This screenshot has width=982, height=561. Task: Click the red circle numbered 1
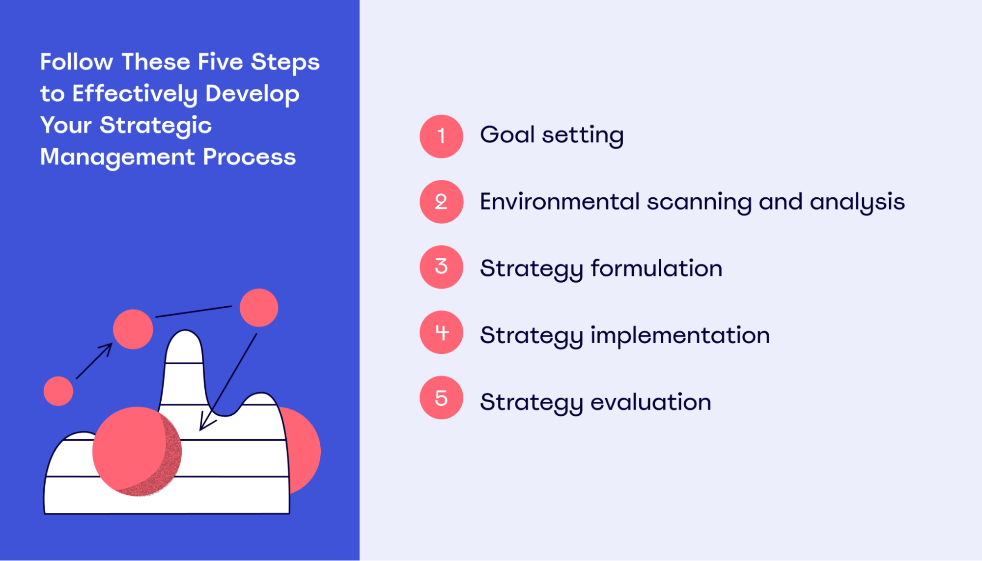coord(441,136)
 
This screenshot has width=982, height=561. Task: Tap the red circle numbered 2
coord(441,202)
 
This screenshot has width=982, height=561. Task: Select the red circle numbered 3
coord(441,267)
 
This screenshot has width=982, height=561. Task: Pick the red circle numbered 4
coord(441,332)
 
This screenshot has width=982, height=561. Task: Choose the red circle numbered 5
coord(441,398)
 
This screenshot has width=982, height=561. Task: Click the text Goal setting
coord(551,135)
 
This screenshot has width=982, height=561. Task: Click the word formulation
coord(656,268)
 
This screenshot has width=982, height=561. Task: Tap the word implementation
coord(680,335)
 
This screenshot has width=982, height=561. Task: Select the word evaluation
coord(650,402)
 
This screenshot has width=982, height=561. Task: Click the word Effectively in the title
coord(135,94)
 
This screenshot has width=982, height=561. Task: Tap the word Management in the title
coord(117,157)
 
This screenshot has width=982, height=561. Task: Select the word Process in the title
coord(249,157)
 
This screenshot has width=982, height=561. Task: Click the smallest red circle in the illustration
coord(58,391)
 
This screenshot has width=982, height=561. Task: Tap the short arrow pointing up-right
coord(94,361)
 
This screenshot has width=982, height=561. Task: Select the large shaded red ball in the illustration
coord(137,452)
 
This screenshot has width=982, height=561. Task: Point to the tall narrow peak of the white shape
coord(184,348)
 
